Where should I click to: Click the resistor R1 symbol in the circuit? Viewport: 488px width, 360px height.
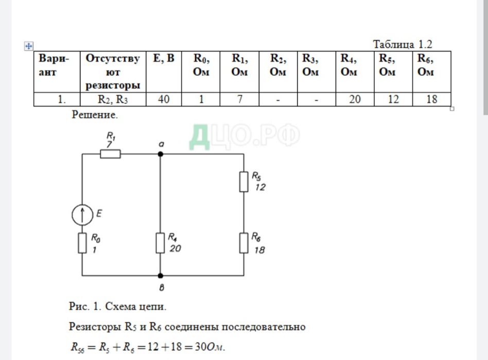pos(110,154)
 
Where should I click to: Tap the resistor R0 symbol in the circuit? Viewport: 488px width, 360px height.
pos(82,243)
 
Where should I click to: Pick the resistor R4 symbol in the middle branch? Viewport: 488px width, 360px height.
pos(160,243)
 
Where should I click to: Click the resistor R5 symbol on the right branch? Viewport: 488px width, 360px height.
pos(243,182)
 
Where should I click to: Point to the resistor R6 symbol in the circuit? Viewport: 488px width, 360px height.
pos(243,243)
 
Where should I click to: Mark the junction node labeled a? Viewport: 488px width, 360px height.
pos(160,154)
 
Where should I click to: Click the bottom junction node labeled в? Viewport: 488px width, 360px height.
pos(160,276)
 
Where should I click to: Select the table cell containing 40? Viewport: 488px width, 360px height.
pos(164,99)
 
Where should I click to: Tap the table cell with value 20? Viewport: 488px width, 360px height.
pos(355,99)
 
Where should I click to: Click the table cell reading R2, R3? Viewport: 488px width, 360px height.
pos(113,99)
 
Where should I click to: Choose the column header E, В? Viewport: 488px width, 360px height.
pos(164,59)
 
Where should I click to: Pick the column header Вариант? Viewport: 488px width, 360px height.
pos(57,65)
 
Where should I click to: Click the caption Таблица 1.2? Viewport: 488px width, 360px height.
pos(403,44)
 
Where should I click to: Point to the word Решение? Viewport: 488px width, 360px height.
pos(95,115)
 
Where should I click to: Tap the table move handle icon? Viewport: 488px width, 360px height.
pos(29,46)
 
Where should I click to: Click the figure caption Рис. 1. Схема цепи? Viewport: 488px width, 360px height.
pos(118,307)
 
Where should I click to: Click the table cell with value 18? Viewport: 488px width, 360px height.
pos(431,99)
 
